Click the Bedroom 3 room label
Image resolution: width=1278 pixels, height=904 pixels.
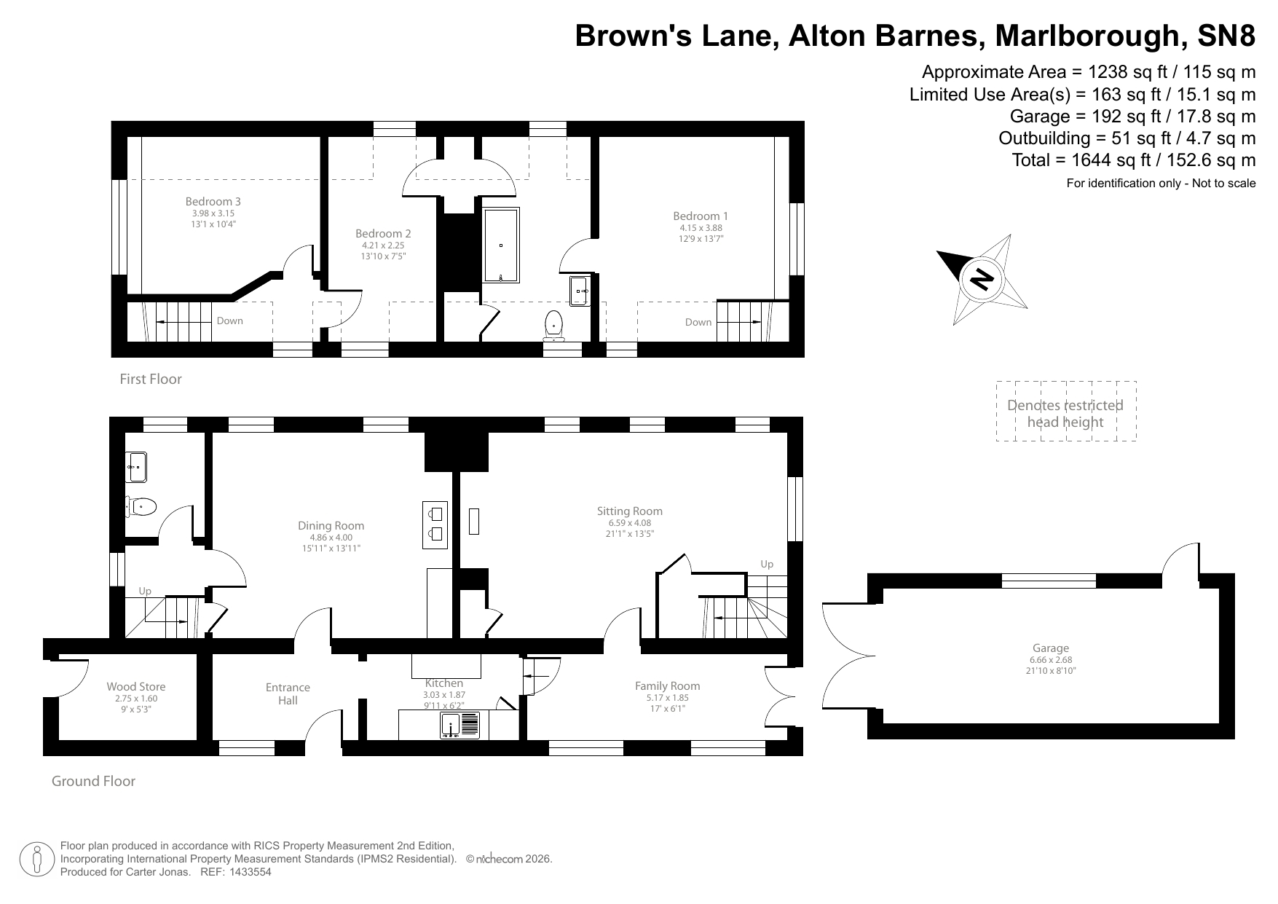point(213,202)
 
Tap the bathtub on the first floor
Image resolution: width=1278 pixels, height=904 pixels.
point(502,245)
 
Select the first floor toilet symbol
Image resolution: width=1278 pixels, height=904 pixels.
point(554,325)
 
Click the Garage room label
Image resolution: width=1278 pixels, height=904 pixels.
point(1050,648)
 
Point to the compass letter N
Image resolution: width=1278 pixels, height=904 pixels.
point(983,279)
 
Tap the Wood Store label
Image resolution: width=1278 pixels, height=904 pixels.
point(136,686)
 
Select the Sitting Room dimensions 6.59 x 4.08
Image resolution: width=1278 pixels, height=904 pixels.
point(629,523)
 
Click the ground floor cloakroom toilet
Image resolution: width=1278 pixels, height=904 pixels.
point(141,506)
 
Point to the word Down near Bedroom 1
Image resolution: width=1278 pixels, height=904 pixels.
point(698,322)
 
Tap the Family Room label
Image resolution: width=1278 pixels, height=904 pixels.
point(667,685)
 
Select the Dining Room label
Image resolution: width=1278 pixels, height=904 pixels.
point(331,525)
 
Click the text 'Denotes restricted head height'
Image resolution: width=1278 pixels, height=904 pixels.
point(1065,414)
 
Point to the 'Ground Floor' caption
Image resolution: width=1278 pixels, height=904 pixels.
point(93,781)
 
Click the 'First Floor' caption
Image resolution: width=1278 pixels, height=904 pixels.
point(151,379)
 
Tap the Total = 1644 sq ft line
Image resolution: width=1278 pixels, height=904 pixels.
point(1133,160)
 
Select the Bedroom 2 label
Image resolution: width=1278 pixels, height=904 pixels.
point(383,234)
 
